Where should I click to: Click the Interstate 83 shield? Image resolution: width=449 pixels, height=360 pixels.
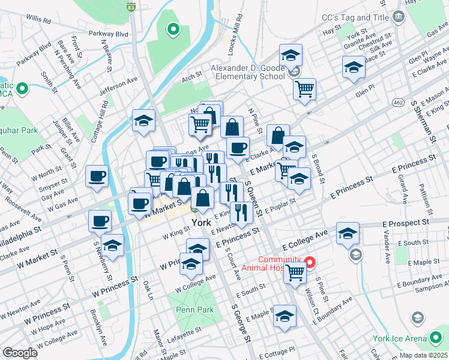pos(131,7)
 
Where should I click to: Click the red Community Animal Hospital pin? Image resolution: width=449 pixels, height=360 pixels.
pos(310,262)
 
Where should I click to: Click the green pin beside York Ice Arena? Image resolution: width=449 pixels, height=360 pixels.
pos(418,317)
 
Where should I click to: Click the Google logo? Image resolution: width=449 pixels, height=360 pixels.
pos(20,353)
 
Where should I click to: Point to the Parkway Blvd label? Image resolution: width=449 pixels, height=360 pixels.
pos(109,34)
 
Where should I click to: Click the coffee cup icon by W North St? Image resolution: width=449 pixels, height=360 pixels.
pos(97,176)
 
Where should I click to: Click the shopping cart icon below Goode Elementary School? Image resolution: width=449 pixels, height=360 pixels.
pos(305,89)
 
